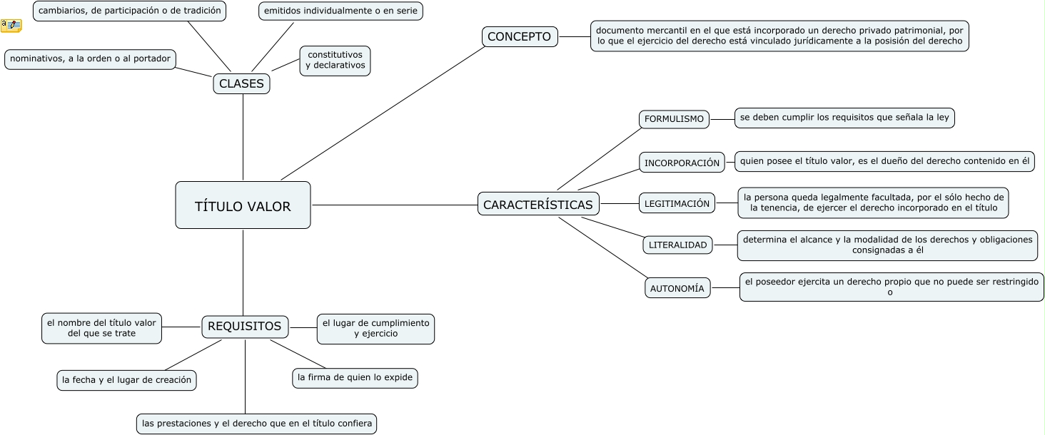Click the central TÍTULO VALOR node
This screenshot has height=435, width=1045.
243,205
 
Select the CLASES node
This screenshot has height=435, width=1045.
241,83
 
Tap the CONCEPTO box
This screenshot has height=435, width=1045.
519,36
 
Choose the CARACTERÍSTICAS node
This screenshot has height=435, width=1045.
538,204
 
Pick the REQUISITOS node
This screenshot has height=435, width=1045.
245,327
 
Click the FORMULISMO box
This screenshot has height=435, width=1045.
674,119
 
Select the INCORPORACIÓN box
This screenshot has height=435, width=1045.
682,163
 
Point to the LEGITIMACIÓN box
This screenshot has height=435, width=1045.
677,203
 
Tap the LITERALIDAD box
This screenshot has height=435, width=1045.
677,245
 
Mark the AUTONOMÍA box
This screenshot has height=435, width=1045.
677,288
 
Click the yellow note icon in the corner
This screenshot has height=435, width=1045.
11,26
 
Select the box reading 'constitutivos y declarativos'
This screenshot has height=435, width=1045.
335,60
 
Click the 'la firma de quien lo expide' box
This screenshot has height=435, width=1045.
355,378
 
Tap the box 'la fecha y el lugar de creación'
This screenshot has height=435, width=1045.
126,380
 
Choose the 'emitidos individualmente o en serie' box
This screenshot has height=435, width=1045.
340,11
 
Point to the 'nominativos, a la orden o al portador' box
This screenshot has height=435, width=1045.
90,59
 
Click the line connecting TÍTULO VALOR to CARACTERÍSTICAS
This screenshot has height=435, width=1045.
394,205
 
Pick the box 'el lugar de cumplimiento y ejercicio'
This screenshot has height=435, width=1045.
375,328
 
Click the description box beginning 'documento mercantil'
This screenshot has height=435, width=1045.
779,36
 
